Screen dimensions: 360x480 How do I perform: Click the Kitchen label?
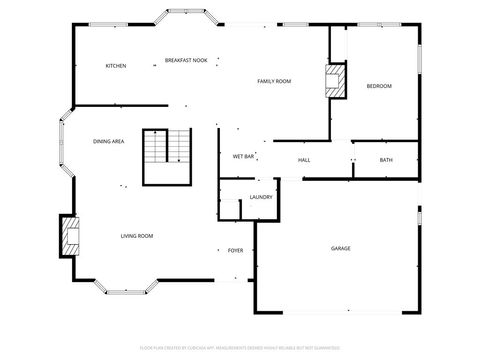pyautogui.click(x=116, y=66)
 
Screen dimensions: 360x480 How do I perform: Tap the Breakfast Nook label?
pyautogui.click(x=185, y=61)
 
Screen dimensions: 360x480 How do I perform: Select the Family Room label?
pyautogui.click(x=274, y=81)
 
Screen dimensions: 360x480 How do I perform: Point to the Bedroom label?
pyautogui.click(x=379, y=86)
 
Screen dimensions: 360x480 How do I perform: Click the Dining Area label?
pyautogui.click(x=108, y=142)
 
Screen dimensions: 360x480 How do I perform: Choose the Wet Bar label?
pyautogui.click(x=244, y=157)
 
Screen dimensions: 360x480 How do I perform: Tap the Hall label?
pyautogui.click(x=304, y=160)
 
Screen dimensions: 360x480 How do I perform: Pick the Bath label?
pyautogui.click(x=386, y=160)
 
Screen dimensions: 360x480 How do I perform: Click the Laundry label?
pyautogui.click(x=261, y=197)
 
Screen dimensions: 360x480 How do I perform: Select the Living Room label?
pyautogui.click(x=137, y=236)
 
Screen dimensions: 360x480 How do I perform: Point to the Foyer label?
pyautogui.click(x=236, y=250)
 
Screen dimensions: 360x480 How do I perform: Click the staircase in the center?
pyautogui.click(x=166, y=156)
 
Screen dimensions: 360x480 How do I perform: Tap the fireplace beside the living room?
pyautogui.click(x=69, y=236)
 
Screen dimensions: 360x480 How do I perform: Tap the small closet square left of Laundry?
pyautogui.click(x=231, y=208)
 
